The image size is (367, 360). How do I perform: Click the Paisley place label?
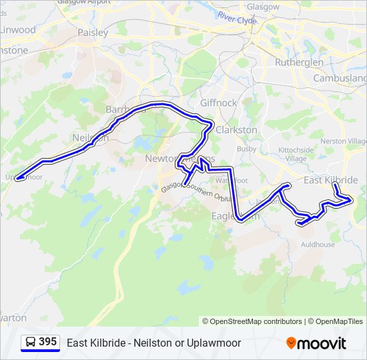(x=93, y=32)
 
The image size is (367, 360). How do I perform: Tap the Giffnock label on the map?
(x=218, y=103)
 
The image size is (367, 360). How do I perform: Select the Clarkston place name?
(x=236, y=130)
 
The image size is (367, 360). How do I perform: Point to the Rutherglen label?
(x=299, y=62)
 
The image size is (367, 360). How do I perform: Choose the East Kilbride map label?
(x=330, y=181)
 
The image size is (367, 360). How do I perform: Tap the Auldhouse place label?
(x=318, y=245)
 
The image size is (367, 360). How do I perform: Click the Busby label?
(x=246, y=149)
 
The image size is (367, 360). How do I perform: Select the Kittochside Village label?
(x=296, y=155)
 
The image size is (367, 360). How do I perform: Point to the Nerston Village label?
(x=343, y=142)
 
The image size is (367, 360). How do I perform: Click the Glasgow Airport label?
(x=83, y=3)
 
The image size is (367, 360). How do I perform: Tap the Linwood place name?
(x=17, y=30)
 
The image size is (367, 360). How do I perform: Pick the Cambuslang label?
(x=340, y=78)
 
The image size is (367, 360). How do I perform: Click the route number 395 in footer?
(x=47, y=342)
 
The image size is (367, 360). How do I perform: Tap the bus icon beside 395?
(x=31, y=343)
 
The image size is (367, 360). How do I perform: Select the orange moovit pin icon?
(x=291, y=343)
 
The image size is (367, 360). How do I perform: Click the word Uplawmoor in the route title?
(x=216, y=343)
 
